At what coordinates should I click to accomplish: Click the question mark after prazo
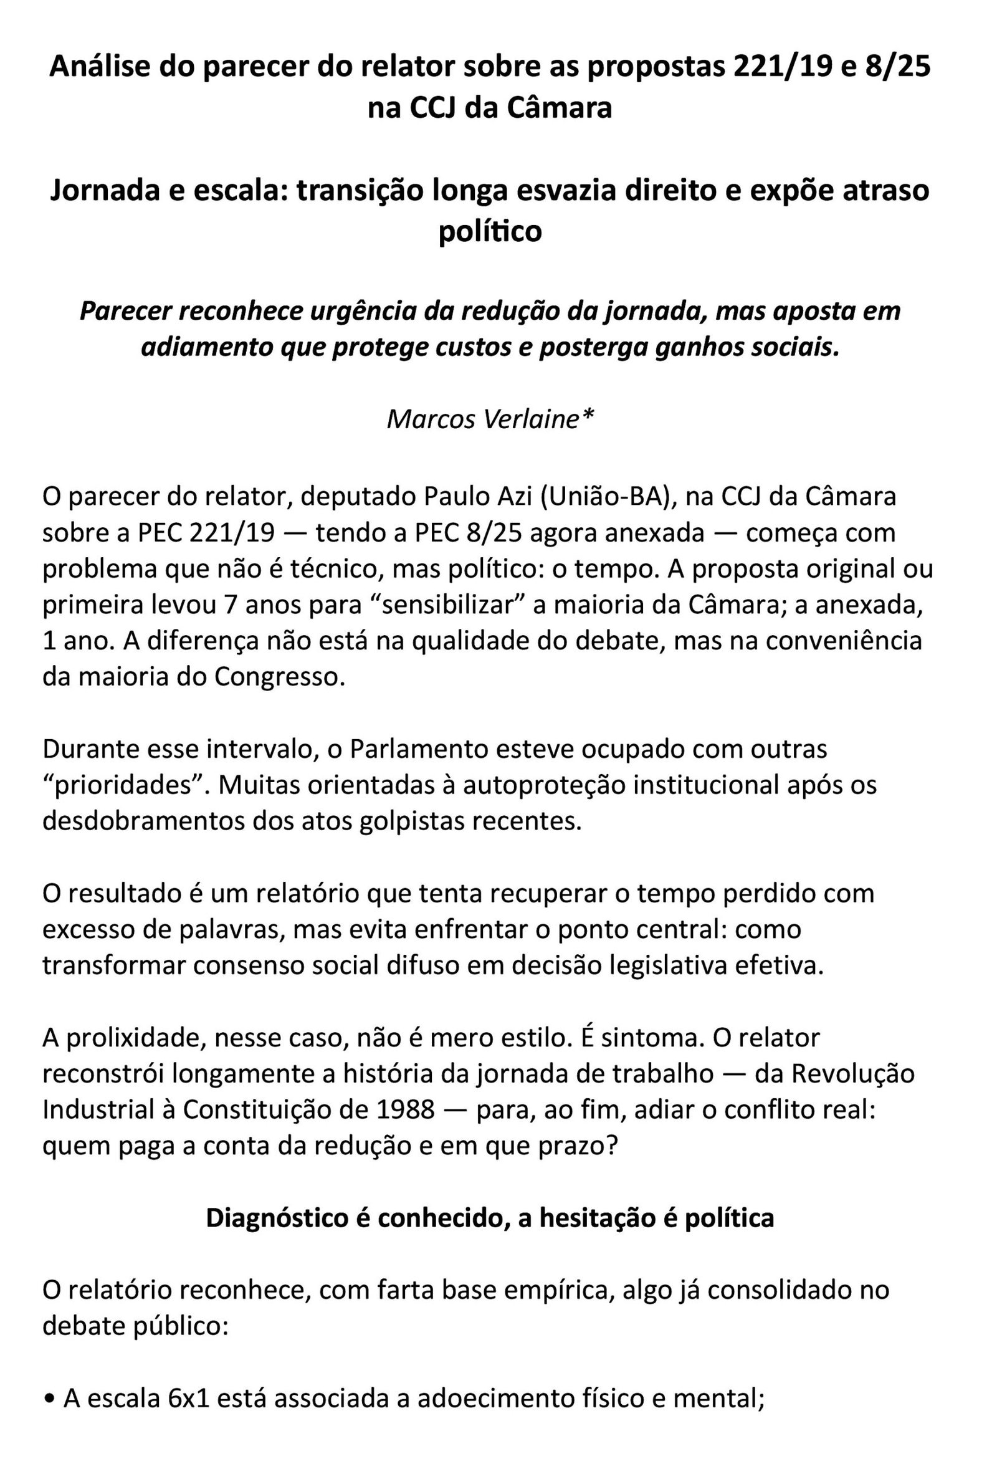tap(609, 1146)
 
